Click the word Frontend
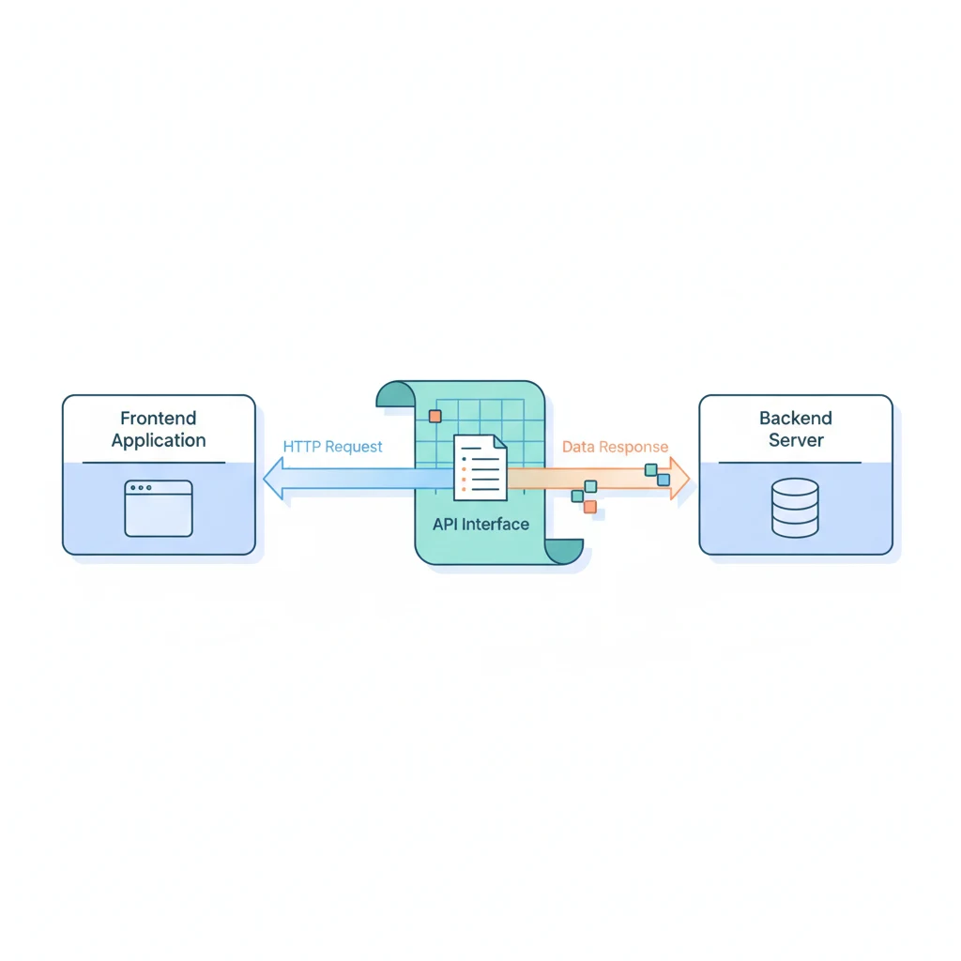pos(159,419)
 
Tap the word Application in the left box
pos(159,440)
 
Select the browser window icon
pos(159,509)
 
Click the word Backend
pos(796,419)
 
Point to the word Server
pos(796,440)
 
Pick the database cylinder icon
pos(795,508)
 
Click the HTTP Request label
pos(332,447)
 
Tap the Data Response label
pos(616,447)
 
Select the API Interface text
pos(480,525)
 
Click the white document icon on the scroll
pos(480,467)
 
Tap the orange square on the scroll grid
pos(434,416)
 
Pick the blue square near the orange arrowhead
pos(664,480)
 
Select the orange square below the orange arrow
pos(589,507)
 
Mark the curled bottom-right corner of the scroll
pos(565,552)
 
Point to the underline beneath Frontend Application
pos(154,463)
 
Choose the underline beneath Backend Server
pos(790,463)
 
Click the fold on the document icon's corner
pos(499,442)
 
